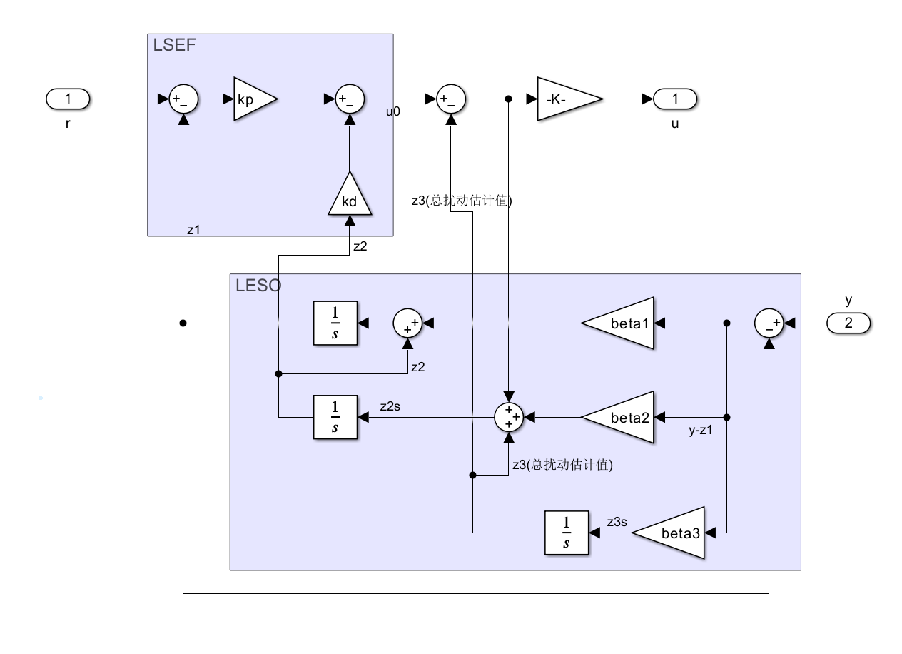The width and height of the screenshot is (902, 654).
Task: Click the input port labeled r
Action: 68,99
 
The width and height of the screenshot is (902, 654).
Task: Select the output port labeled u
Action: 674,99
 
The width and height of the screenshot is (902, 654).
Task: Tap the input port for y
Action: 848,323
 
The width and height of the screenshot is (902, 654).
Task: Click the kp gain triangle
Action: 252,99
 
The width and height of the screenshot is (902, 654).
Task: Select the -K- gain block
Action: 568,99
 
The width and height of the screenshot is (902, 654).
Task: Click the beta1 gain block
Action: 621,323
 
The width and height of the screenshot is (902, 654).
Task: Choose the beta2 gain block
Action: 621,417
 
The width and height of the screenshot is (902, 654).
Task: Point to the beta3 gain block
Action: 672,533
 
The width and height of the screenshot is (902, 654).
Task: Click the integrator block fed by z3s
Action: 567,533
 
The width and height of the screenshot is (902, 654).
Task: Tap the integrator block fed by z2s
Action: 335,417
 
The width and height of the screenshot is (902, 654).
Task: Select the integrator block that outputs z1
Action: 335,323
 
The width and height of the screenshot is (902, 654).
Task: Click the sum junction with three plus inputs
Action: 509,417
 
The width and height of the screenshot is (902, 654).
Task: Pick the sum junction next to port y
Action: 769,323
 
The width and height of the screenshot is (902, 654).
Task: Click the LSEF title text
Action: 174,46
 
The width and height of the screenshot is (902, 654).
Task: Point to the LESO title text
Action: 258,286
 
